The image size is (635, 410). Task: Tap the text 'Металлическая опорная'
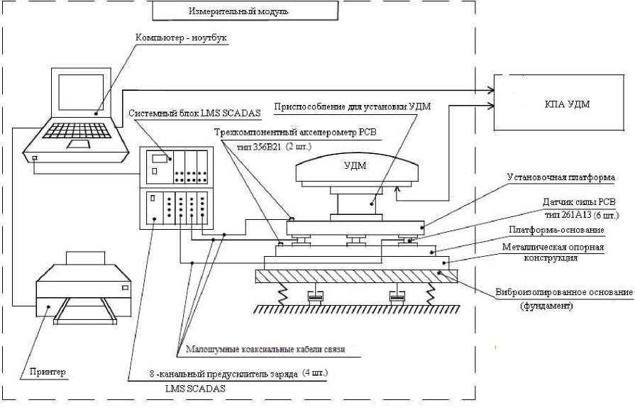[x=553, y=247]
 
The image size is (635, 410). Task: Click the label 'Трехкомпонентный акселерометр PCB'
[x=297, y=131]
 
